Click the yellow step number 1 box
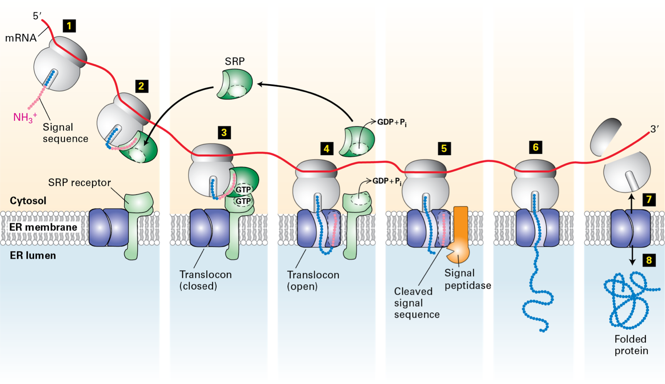[69, 26]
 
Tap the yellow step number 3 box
[224, 133]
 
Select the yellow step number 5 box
[444, 148]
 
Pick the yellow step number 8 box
[649, 260]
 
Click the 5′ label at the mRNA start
[37, 16]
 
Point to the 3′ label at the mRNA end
[654, 129]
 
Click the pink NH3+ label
[25, 117]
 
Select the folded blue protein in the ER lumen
[628, 300]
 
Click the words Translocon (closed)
[206, 280]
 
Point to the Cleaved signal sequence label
[416, 303]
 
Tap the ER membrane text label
[43, 227]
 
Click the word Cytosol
[28, 201]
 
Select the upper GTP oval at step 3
[243, 190]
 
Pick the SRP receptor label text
[79, 183]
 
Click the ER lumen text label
[33, 256]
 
